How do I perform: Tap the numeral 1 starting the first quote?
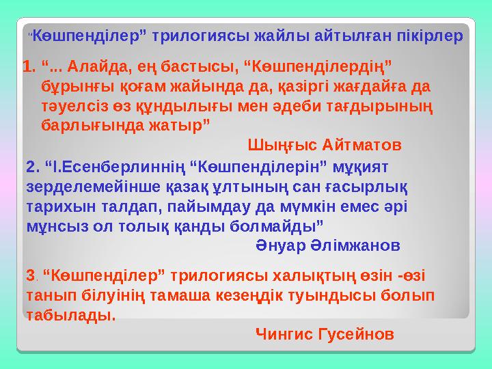[x=27, y=67]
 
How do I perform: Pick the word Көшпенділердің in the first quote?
[x=318, y=67]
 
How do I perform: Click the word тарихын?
[x=55, y=206]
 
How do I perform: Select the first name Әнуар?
[x=279, y=245]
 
